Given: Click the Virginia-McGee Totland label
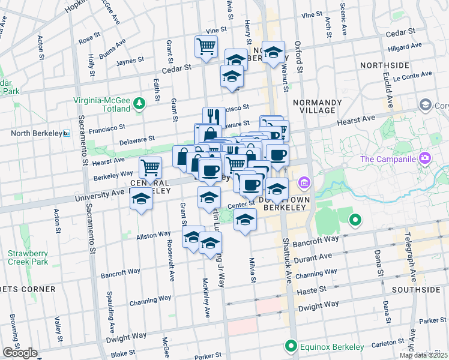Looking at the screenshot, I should [x=101, y=104].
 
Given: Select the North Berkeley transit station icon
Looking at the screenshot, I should [x=67, y=133].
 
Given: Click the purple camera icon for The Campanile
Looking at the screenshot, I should [x=425, y=158].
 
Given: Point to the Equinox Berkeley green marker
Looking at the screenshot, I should [x=291, y=346].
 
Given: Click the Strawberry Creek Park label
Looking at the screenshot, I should [x=28, y=257].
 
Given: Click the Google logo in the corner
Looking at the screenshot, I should [x=20, y=353].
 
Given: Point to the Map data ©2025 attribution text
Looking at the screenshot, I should [x=423, y=355].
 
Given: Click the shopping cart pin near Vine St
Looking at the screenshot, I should [x=206, y=47].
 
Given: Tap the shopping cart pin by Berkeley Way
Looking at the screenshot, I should [x=150, y=167].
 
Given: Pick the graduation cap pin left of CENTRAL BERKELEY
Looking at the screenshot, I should [x=140, y=199].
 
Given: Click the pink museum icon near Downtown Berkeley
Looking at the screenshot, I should [x=304, y=182].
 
